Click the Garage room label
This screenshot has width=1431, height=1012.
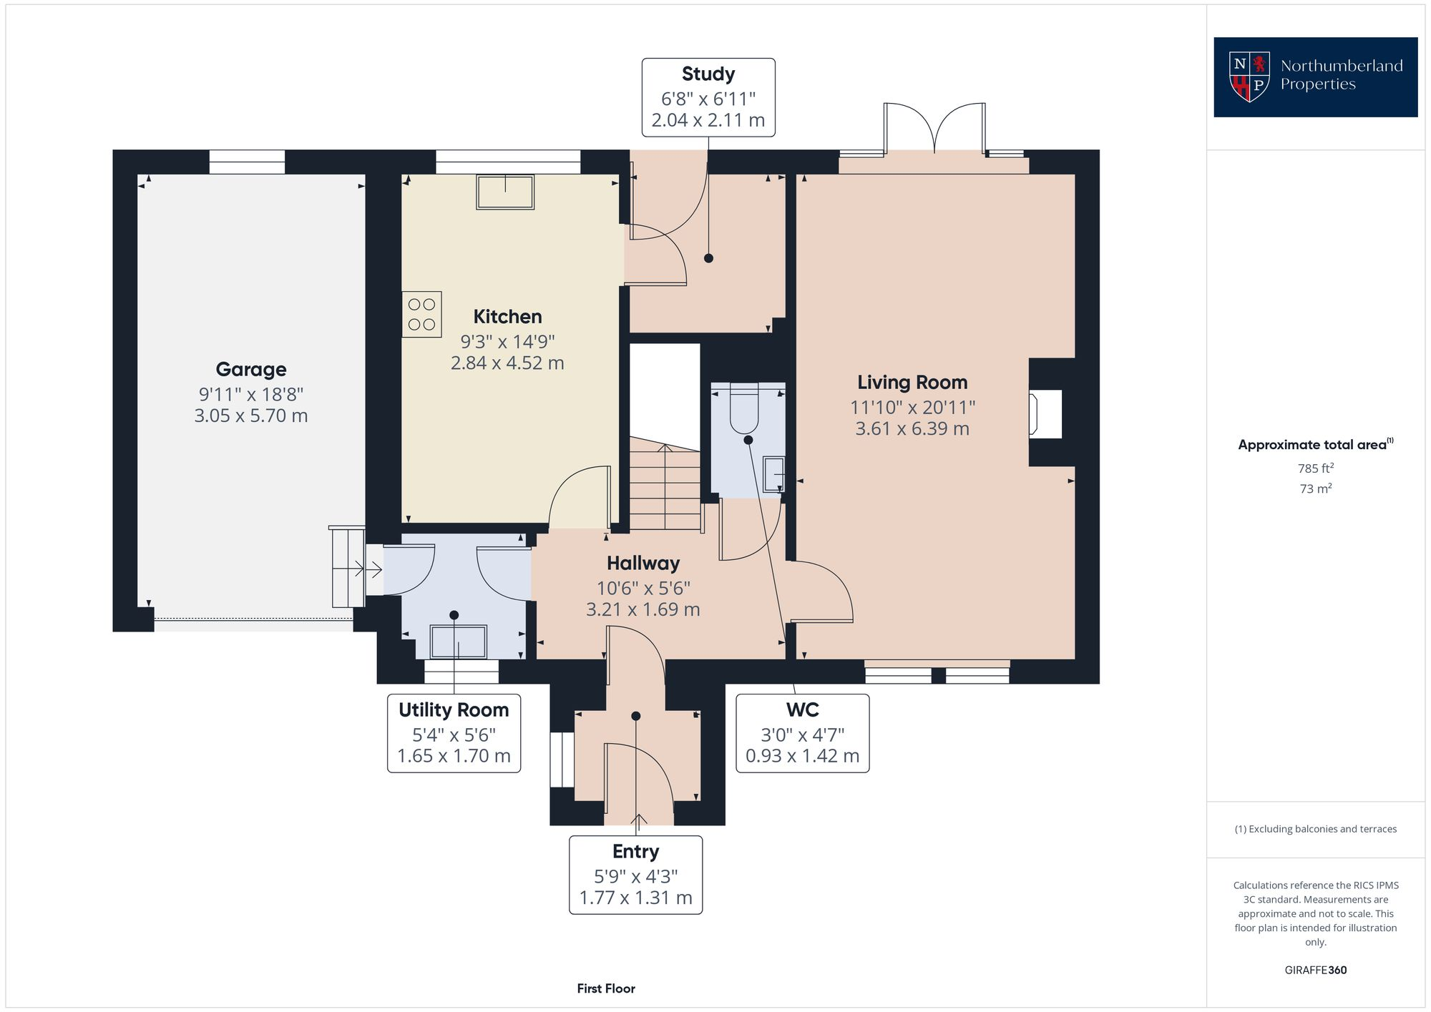[250, 369]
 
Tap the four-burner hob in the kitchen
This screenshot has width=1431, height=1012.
[421, 315]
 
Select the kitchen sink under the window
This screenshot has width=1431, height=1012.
[505, 192]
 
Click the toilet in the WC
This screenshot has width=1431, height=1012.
[744, 411]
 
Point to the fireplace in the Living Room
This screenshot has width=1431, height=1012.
[1045, 413]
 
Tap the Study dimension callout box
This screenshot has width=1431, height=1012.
[708, 98]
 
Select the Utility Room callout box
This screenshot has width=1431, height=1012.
[454, 733]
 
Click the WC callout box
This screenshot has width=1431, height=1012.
[802, 733]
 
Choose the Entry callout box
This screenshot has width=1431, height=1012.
[635, 875]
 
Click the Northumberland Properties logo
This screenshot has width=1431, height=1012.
[1315, 77]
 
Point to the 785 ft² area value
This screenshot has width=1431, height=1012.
[1315, 468]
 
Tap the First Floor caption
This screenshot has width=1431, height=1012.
[606, 988]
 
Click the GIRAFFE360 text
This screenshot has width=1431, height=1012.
[1315, 971]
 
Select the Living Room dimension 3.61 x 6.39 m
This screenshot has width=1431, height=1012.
[912, 429]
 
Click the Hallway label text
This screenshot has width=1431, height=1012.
[643, 564]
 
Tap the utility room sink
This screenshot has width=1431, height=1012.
[458, 641]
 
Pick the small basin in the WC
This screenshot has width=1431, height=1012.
[773, 474]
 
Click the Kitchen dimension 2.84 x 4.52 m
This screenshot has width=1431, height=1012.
[507, 363]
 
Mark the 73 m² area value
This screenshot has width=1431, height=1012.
[1315, 489]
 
